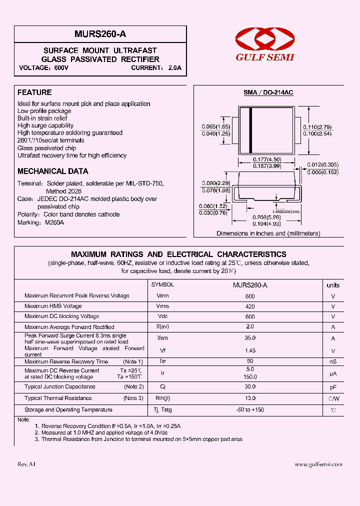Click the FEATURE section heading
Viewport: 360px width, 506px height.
coord(34,92)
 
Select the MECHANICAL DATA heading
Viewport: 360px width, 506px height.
coord(53,171)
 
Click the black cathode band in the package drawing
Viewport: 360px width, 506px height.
coord(250,130)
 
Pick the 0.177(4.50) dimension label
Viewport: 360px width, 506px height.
coord(267,159)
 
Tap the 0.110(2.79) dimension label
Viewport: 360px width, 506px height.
coord(317,127)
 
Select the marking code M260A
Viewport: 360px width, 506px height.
coord(54,222)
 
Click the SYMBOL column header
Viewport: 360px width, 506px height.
coord(162,284)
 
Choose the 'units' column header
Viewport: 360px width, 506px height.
coord(332,285)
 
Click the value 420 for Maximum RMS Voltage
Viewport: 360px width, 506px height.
coord(250,306)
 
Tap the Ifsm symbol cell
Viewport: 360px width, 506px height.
coord(162,338)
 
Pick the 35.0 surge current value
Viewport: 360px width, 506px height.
coord(250,338)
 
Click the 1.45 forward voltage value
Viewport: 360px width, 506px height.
coord(250,350)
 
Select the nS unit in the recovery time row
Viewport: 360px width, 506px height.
coord(332,361)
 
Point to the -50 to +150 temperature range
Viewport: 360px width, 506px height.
coord(250,410)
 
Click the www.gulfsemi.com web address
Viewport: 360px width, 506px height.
coord(318,464)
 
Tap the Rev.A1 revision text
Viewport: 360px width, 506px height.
coord(26,464)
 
